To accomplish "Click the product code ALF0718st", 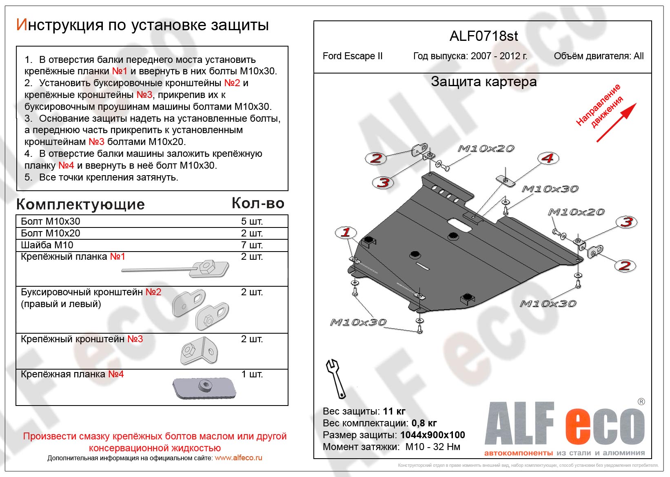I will tap(484, 36).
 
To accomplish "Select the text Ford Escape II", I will tap(353, 56).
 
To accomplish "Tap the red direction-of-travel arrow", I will tap(616, 123).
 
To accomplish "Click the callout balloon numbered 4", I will tap(548, 158).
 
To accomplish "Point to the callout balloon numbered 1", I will tap(346, 232).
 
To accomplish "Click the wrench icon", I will tap(336, 378).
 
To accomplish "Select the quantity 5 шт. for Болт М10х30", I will tap(252, 221).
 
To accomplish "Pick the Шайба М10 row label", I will tap(47, 245).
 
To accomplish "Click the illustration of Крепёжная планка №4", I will tap(204, 388).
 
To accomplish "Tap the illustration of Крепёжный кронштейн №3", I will tap(199, 350).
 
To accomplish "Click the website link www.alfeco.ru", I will tap(238, 458).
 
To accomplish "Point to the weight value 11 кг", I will tap(394, 411).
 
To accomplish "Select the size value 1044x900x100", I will tap(433, 435).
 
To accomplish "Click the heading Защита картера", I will tap(484, 82).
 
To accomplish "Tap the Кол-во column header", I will tap(258, 203).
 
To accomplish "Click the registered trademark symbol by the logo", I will tap(641, 402).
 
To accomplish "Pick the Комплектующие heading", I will tap(80, 204).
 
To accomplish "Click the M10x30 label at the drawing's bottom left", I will tap(358, 322).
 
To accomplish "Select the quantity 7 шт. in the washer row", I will tap(252, 245).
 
